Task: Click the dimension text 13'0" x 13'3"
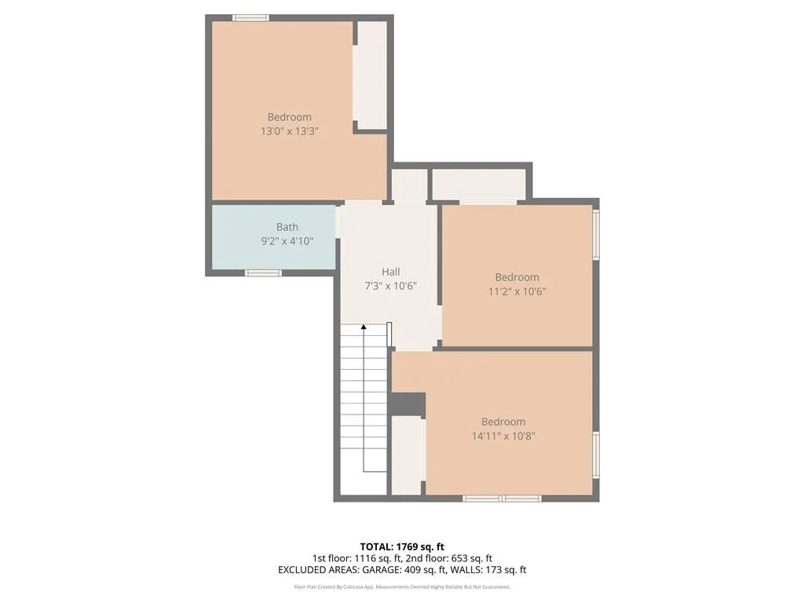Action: (x=289, y=132)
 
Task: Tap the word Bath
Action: (x=287, y=227)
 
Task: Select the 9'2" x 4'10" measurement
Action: (x=287, y=242)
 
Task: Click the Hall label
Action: (x=391, y=272)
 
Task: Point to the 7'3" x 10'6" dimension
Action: (x=391, y=287)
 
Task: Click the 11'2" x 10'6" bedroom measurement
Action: (x=517, y=291)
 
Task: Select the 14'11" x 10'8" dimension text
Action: (x=503, y=436)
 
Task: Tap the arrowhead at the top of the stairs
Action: (x=363, y=326)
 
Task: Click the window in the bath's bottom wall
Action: (x=263, y=272)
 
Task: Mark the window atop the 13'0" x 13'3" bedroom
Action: (x=250, y=17)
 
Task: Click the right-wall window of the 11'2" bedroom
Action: (x=596, y=234)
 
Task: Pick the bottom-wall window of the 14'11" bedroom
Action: (x=502, y=498)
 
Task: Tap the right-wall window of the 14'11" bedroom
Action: (x=596, y=455)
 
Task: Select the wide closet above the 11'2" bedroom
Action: (x=478, y=185)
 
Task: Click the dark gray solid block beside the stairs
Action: (x=407, y=404)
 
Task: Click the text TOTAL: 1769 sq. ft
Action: (x=402, y=546)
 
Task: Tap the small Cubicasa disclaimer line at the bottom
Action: (x=402, y=587)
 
